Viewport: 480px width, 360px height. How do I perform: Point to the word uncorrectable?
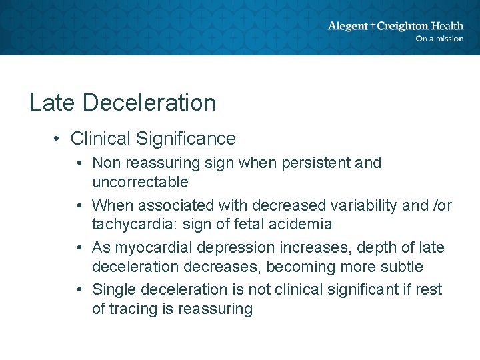pos(140,182)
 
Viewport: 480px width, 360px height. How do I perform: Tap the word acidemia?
pos(302,224)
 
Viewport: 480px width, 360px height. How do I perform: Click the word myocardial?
pos(146,248)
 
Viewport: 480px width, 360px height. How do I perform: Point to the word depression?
pos(219,248)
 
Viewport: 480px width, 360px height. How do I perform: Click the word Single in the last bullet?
pos(113,290)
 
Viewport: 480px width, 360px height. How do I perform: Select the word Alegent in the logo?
pos(347,26)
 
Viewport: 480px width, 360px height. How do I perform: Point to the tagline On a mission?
pos(439,39)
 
